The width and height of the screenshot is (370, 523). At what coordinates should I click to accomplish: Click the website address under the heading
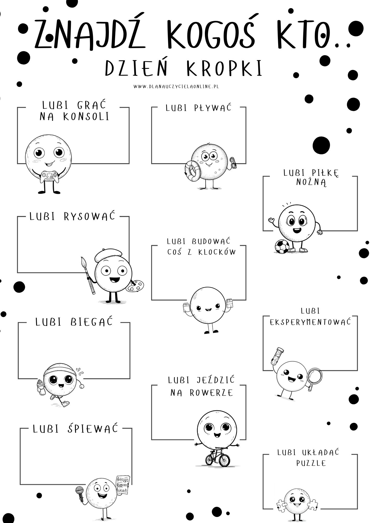[176, 86]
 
